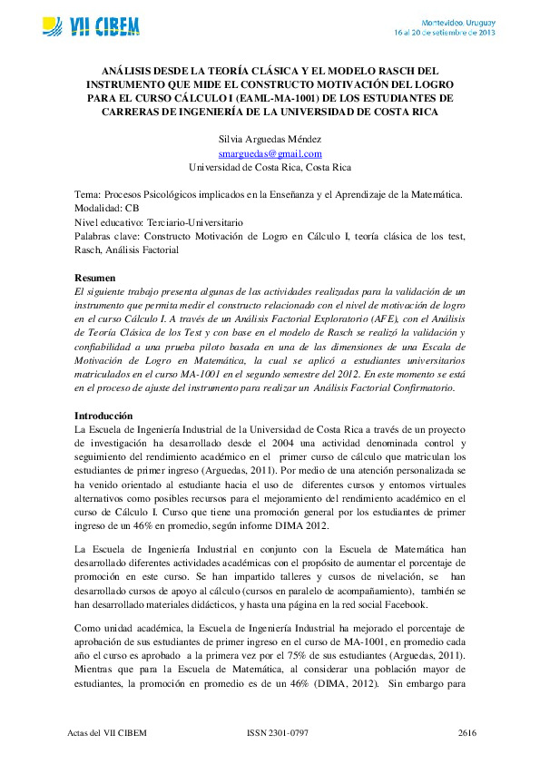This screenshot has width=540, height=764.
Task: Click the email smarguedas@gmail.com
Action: coord(270,154)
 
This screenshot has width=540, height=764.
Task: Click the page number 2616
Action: coord(466,731)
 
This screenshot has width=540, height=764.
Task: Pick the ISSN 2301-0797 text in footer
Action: coord(279,731)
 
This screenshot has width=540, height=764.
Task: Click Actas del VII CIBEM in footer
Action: coord(107,731)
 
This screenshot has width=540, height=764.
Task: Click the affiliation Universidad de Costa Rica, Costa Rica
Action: coord(270,168)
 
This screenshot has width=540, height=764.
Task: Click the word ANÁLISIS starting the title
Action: coord(126,70)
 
